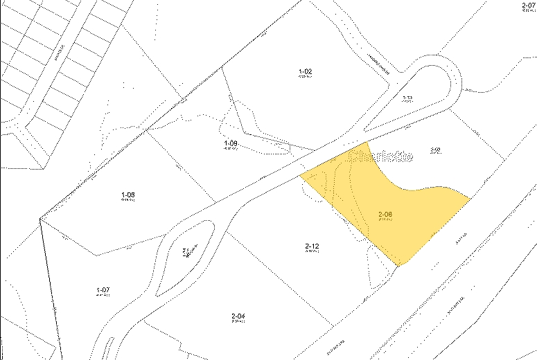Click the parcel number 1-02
click(306, 71)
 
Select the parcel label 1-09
click(231, 143)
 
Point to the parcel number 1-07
click(103, 289)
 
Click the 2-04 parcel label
click(238, 316)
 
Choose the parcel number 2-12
click(311, 246)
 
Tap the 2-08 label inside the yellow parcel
click(385, 215)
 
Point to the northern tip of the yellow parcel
click(367, 142)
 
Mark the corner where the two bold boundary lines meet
click(40, 218)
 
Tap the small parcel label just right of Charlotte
click(436, 150)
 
